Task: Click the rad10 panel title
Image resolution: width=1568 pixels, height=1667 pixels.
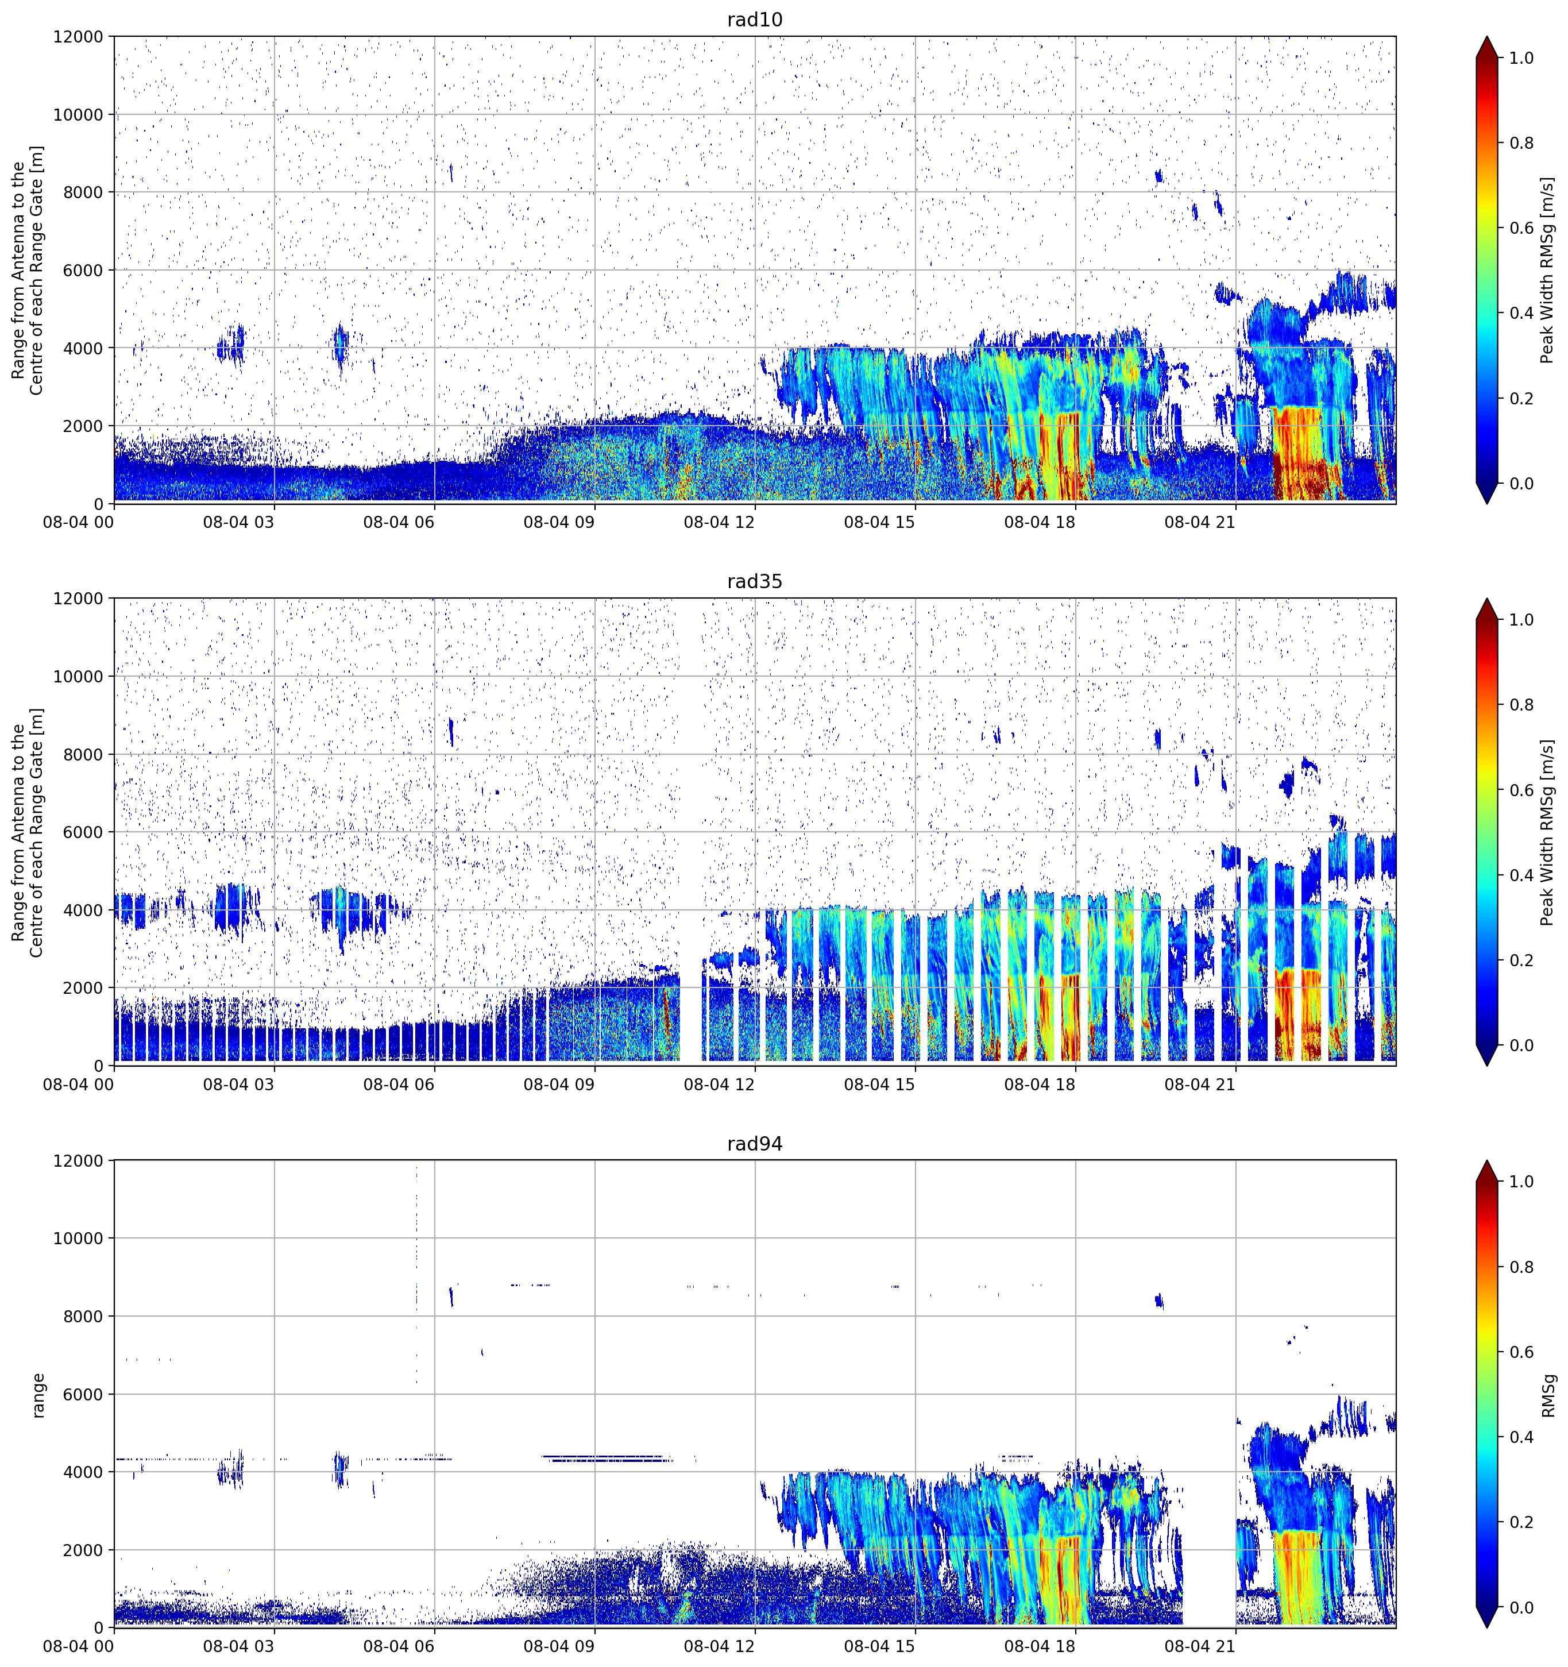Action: [x=755, y=20]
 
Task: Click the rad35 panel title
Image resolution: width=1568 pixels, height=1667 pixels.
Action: [x=755, y=581]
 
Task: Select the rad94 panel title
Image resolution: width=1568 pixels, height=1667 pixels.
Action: [x=755, y=1144]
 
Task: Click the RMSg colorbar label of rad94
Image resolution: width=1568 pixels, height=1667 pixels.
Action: [x=1548, y=1395]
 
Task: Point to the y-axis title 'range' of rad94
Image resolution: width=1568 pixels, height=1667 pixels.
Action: [x=38, y=1395]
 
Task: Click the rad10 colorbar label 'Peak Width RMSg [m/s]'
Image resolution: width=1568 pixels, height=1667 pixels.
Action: [x=1548, y=270]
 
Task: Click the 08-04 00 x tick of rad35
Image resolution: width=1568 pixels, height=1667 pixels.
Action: [x=79, y=1084]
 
